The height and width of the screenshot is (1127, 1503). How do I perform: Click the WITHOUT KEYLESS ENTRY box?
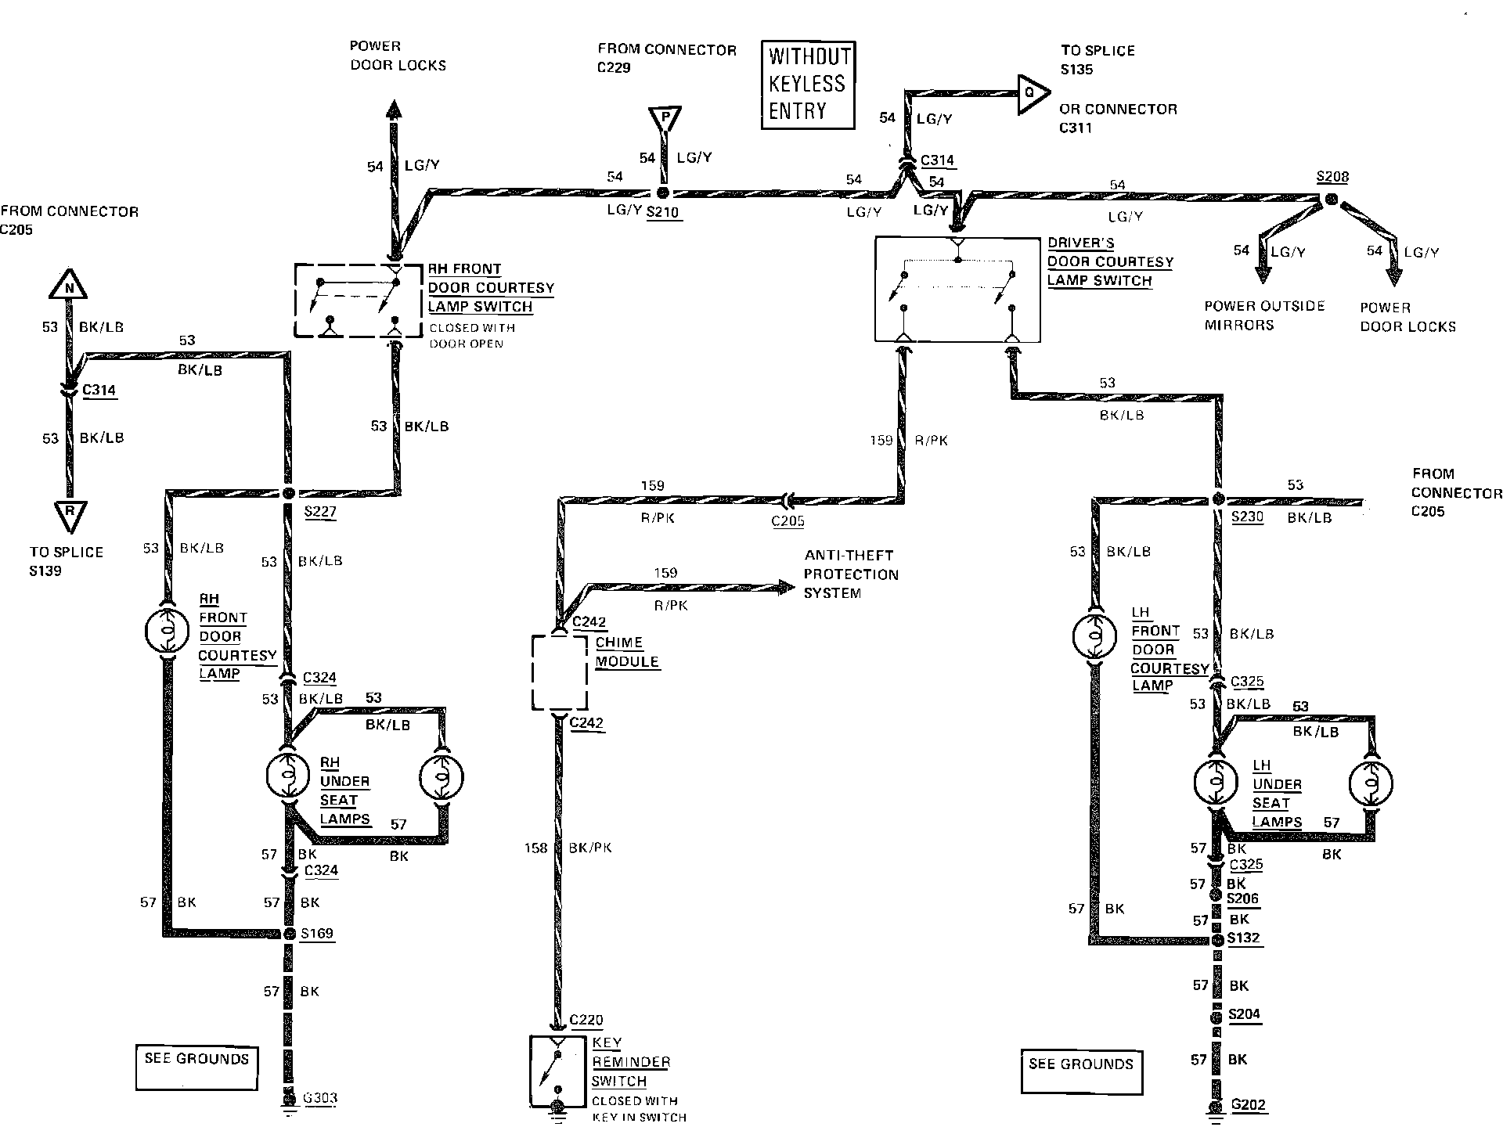[x=808, y=85]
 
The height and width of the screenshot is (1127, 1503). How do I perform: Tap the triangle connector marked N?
[x=69, y=286]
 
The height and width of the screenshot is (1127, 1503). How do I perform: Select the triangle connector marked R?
[x=70, y=515]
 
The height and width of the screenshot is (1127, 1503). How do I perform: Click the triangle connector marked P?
[x=665, y=119]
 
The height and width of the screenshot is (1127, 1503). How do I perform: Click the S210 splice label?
[x=663, y=212]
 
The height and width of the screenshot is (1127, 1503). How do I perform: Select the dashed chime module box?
[x=560, y=672]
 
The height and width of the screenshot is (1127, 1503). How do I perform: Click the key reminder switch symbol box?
[x=558, y=1071]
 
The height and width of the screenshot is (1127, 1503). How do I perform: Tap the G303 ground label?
[x=319, y=1097]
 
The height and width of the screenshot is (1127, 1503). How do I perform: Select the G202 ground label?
[x=1248, y=1105]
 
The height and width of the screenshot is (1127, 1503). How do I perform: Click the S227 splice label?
[x=320, y=513]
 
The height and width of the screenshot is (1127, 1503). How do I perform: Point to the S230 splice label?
[x=1247, y=517]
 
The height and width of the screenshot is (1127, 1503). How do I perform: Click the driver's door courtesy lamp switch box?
[x=957, y=289]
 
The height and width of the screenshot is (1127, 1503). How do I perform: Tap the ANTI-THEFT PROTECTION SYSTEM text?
[x=850, y=574]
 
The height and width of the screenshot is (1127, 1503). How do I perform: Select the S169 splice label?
[x=317, y=933]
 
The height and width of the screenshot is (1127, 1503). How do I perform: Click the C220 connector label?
[x=586, y=1019]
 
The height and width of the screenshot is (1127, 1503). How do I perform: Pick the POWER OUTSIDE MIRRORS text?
[x=1263, y=315]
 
